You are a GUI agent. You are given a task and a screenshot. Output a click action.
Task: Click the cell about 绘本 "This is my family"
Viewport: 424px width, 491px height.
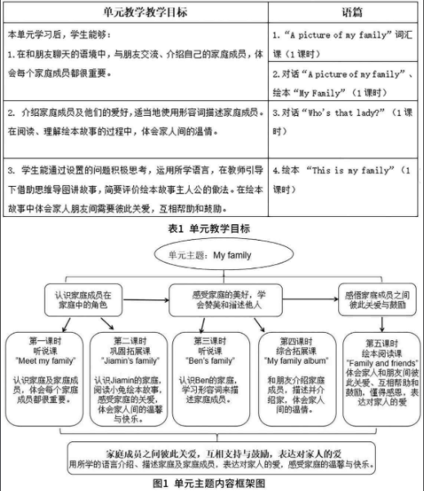coord(345,179)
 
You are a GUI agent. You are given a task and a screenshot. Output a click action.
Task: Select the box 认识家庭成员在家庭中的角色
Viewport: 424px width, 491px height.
coord(83,299)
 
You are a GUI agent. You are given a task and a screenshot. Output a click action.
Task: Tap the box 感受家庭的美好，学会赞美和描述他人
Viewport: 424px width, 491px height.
coord(218,299)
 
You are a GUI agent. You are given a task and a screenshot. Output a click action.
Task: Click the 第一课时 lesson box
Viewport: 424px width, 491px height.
coord(44,375)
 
